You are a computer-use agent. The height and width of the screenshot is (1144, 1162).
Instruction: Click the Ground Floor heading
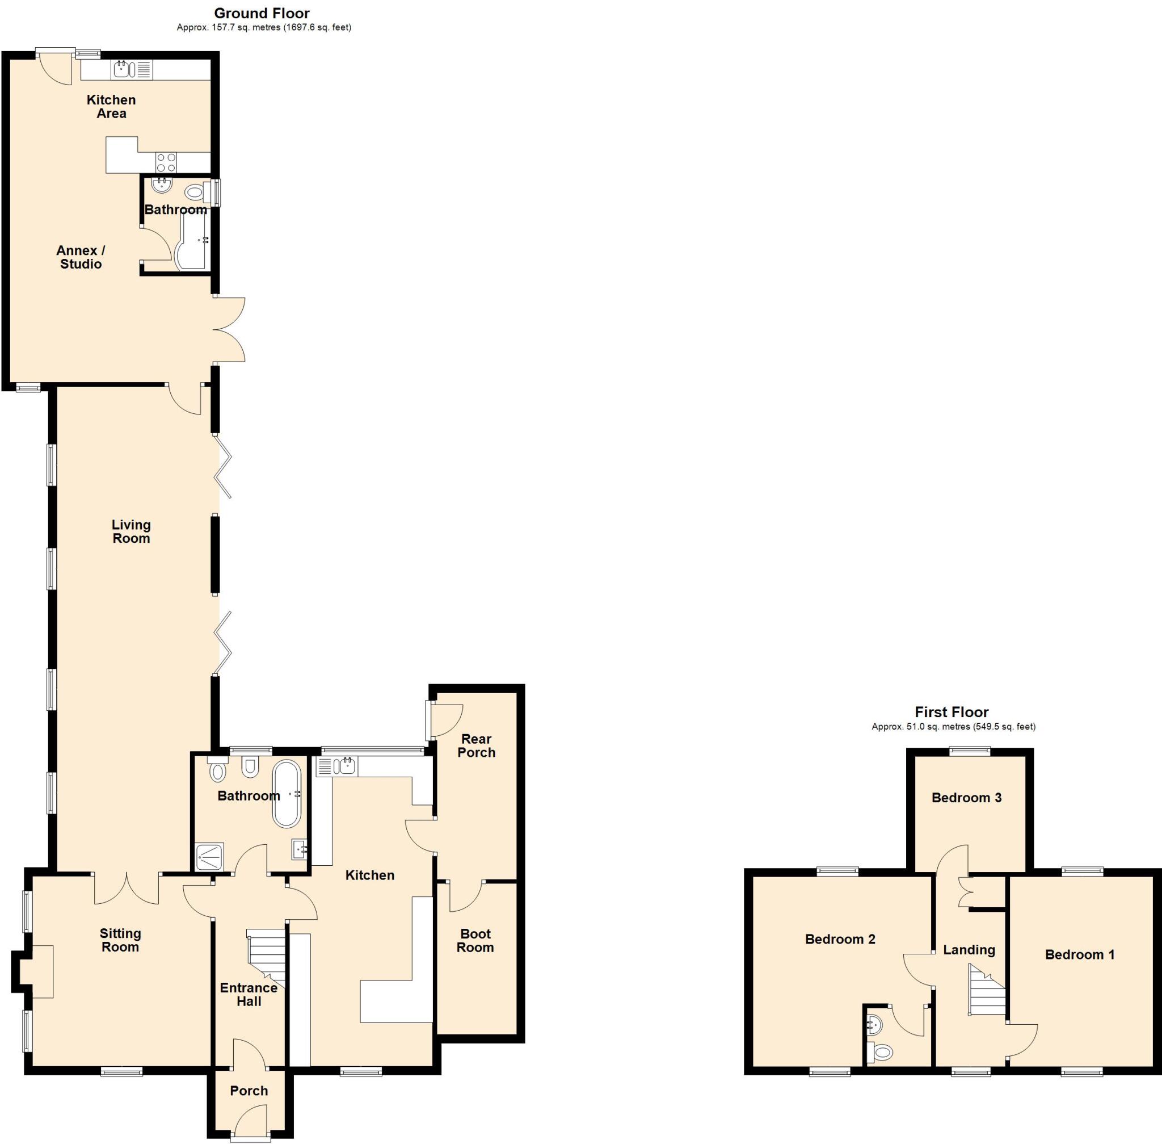[x=262, y=13]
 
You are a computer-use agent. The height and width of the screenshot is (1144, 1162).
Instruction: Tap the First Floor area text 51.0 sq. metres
[x=953, y=726]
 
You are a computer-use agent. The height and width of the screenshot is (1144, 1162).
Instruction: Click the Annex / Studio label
[x=81, y=257]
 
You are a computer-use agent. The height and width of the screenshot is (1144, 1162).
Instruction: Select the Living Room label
[x=131, y=531]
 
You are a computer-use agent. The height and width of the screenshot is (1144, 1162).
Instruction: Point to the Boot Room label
[x=475, y=940]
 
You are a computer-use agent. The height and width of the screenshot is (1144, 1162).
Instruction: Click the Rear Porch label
[x=476, y=745]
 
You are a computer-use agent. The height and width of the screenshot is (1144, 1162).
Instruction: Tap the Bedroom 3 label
[x=966, y=797]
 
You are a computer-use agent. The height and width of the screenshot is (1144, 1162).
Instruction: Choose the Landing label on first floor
[x=969, y=949]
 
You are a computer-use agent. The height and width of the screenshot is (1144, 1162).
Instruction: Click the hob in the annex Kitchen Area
[x=166, y=162]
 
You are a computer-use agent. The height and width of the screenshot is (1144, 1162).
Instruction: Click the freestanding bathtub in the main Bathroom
[x=287, y=794]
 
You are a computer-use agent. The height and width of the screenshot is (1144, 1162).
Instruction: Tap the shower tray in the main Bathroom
[x=209, y=856]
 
